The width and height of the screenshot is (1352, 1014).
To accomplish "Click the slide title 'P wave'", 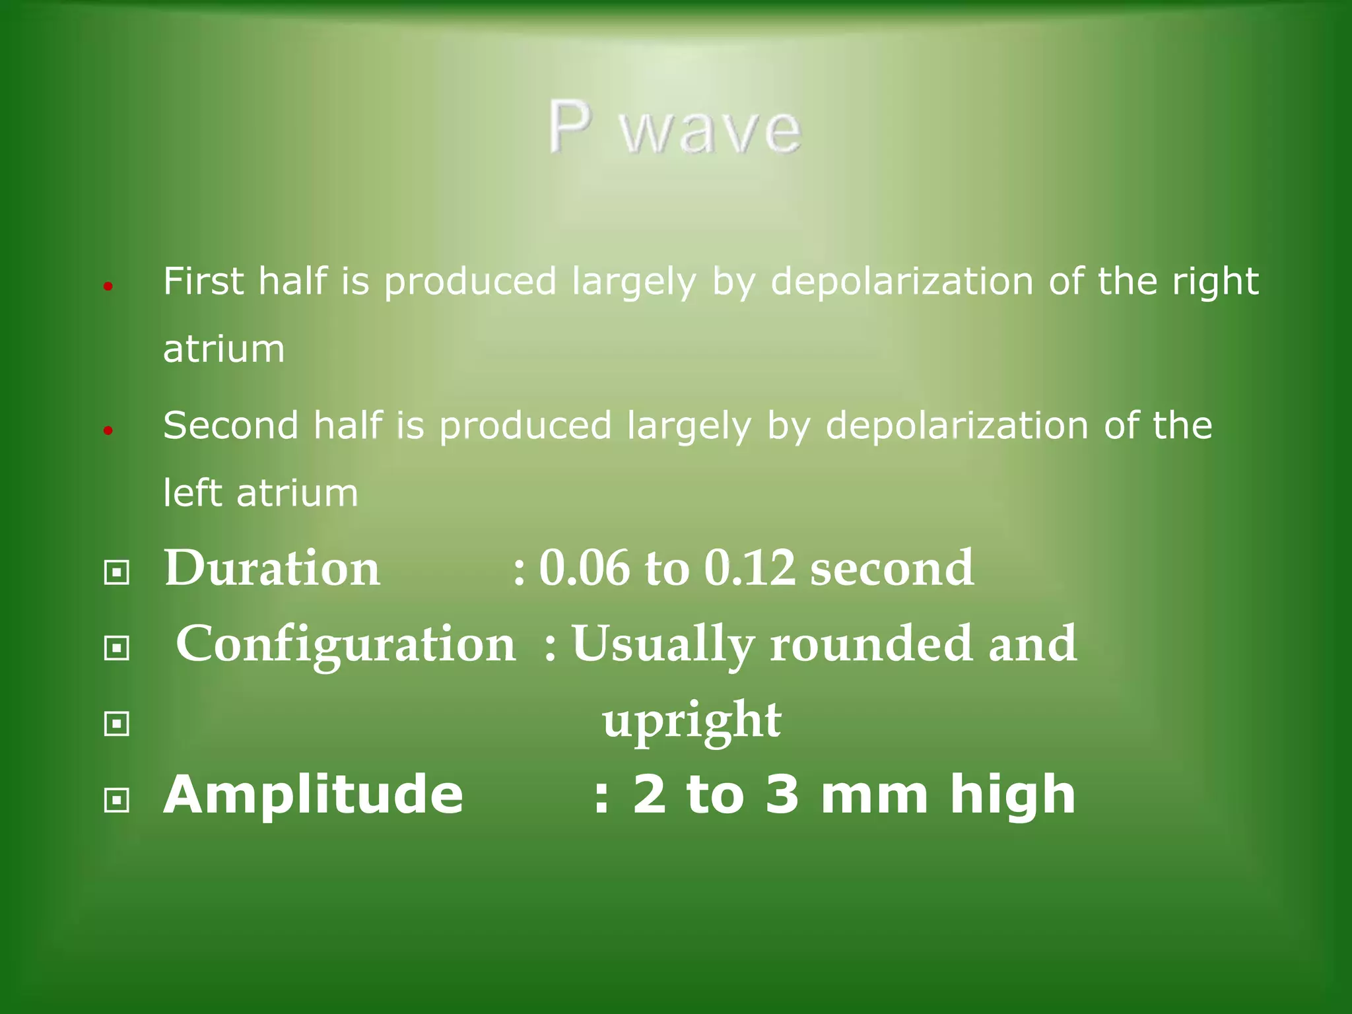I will (x=675, y=128).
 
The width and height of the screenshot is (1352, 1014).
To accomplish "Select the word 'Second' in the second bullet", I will (x=230, y=425).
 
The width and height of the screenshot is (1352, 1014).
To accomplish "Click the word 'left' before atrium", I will (x=192, y=492).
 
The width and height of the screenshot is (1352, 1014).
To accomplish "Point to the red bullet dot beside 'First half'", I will (x=109, y=287).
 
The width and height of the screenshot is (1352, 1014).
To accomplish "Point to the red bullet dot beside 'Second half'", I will (x=109, y=431).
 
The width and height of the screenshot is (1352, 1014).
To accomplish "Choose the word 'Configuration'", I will (x=345, y=644).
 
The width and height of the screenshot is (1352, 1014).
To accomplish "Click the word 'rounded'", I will (x=871, y=644).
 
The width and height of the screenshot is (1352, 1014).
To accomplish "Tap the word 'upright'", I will (x=691, y=721).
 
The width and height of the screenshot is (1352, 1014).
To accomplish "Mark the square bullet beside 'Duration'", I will (x=117, y=572).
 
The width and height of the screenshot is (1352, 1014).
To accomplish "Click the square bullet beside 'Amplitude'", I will (x=117, y=801).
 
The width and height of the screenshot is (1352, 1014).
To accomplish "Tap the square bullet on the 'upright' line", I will (x=117, y=724).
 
